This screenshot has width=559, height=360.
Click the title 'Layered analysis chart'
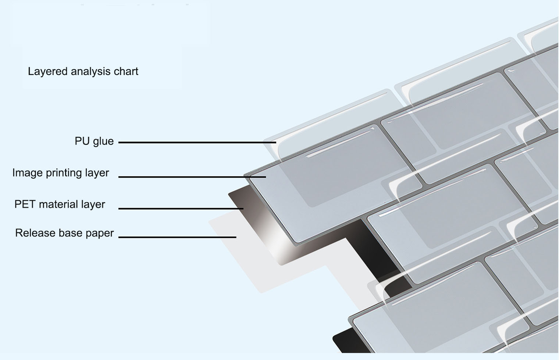[83, 71]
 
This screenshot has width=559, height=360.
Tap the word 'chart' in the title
[126, 71]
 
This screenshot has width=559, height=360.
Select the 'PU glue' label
[94, 141]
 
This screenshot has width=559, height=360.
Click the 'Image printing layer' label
[61, 173]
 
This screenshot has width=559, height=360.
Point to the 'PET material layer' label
[60, 204]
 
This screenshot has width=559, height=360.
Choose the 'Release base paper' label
[64, 233]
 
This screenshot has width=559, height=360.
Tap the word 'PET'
[25, 204]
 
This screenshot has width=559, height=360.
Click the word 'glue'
[103, 141]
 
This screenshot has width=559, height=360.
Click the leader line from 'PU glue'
[197, 142]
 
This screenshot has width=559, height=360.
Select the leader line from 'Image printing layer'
[191, 177]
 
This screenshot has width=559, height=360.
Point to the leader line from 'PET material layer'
[180, 208]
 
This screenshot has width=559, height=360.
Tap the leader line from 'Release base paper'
[177, 237]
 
